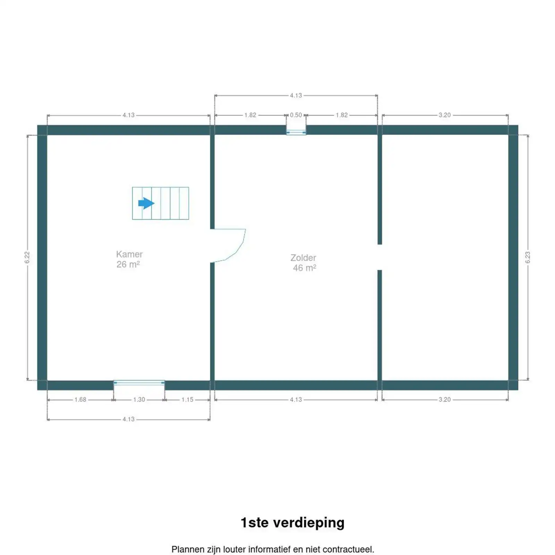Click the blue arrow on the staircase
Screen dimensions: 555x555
(146, 203)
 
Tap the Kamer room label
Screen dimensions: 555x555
(129, 254)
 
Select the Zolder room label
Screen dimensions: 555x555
(303, 258)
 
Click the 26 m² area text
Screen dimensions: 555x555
(128, 264)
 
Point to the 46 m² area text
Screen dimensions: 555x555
(304, 268)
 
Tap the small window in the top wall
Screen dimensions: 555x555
(296, 131)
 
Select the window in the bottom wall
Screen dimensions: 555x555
(139, 383)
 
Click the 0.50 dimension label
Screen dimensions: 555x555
(296, 115)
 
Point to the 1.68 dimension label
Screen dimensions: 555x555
(80, 400)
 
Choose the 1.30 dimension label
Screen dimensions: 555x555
(139, 400)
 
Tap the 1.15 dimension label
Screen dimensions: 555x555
(187, 400)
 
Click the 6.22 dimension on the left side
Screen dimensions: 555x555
(27, 257)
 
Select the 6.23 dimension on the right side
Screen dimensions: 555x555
(528, 257)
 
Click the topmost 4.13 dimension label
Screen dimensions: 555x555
(296, 95)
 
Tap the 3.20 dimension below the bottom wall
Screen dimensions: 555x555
(445, 400)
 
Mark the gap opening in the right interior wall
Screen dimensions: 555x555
(380, 257)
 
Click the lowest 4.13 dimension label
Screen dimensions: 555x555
(128, 419)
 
